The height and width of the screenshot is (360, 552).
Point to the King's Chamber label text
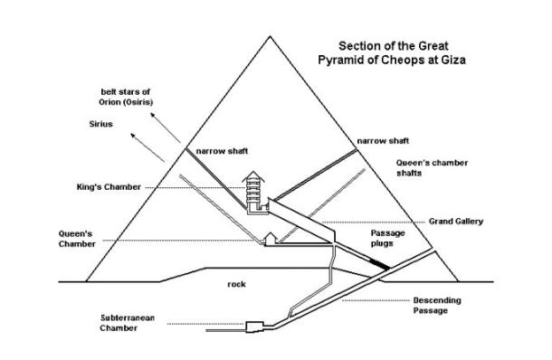[x=109, y=187]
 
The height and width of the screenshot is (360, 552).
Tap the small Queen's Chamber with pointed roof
[x=271, y=239]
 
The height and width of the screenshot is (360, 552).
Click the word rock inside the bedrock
[x=236, y=284]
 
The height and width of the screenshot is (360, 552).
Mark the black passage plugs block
[x=382, y=264]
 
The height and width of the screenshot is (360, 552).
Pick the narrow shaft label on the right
[x=380, y=141]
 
